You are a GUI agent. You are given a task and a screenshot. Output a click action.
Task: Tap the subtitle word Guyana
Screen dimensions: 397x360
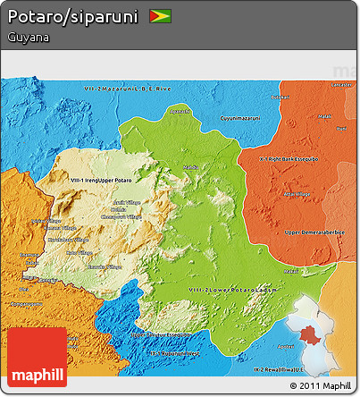[x=27, y=38]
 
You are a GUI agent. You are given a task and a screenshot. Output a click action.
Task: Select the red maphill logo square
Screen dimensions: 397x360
[x=36, y=357]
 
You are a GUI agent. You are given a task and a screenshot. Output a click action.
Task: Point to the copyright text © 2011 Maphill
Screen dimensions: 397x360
[x=320, y=385]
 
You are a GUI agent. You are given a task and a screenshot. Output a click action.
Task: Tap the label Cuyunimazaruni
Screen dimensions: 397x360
[x=240, y=117]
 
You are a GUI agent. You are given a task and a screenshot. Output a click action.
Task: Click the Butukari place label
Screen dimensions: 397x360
[x=280, y=97]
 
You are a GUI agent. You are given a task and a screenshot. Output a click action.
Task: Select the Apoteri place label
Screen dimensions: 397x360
[x=285, y=345]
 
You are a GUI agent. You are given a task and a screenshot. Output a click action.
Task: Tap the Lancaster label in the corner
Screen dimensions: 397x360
[x=341, y=84]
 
